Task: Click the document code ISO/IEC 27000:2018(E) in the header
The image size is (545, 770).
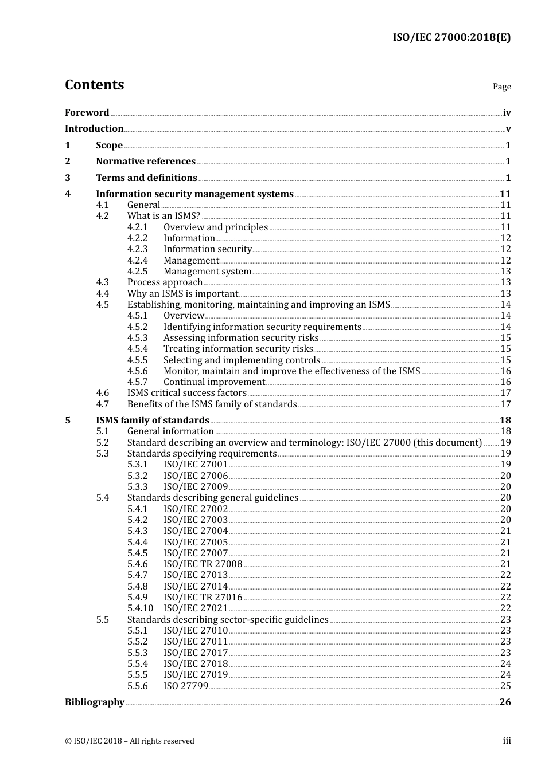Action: coord(451,38)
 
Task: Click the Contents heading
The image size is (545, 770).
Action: coord(94,85)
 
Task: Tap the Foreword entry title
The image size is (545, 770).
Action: coord(87,113)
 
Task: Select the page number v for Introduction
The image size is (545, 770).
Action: coord(508,129)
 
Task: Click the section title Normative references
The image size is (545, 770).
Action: coord(145,162)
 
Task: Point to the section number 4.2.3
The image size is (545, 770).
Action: coord(137,249)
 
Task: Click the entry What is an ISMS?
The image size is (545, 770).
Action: coord(163,216)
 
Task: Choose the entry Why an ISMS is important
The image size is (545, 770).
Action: coord(182,293)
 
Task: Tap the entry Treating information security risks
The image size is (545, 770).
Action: coord(238,349)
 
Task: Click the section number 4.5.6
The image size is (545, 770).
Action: coord(137,371)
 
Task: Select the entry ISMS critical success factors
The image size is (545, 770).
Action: coord(186,393)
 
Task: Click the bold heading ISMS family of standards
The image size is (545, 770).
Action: coord(152,421)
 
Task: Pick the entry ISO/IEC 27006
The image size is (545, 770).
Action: coord(195,476)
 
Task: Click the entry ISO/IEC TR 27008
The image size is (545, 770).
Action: coord(203,564)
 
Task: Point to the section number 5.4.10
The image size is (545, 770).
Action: coord(140,608)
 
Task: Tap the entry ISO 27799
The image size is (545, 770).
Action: coord(185,686)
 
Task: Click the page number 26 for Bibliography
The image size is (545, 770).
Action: coord(505,702)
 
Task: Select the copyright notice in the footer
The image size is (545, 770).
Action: coord(129,741)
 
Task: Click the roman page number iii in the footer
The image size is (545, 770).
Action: coord(507,741)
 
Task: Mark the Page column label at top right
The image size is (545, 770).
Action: coord(501,87)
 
